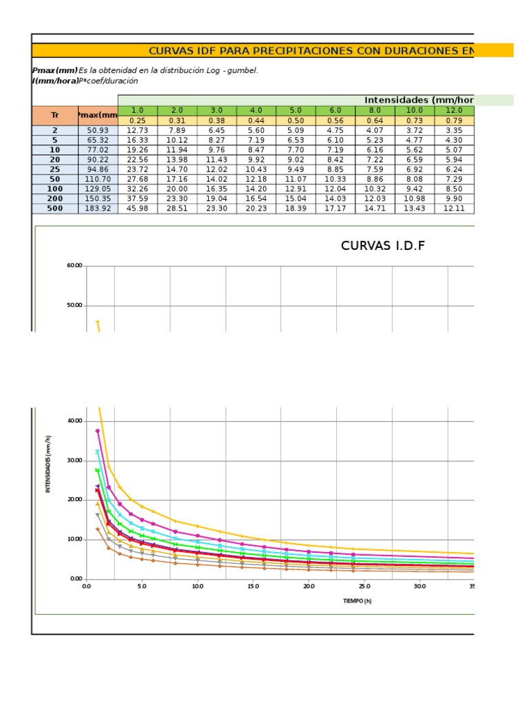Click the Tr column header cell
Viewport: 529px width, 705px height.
coord(55,115)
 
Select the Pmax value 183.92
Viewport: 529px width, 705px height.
coord(98,208)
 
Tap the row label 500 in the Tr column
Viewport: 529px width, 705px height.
coord(55,208)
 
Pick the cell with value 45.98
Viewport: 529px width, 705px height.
coord(138,208)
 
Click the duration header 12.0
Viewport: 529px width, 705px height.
coord(454,110)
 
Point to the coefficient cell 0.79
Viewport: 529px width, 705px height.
coord(454,120)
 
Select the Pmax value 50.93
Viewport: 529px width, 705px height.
coord(98,130)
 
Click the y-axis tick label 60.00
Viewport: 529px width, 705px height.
coord(74,266)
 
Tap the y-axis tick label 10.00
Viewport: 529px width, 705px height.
coord(74,540)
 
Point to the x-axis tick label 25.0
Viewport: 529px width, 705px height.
coord(364,587)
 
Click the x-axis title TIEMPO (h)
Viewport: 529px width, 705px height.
coord(357,601)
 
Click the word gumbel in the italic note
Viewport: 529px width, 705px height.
coord(243,70)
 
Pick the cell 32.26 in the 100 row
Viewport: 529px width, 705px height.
coord(138,189)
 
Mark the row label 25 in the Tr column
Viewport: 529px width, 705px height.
coord(55,169)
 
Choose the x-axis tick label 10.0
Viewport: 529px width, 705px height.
coord(198,587)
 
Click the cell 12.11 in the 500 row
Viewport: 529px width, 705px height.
coord(454,208)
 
